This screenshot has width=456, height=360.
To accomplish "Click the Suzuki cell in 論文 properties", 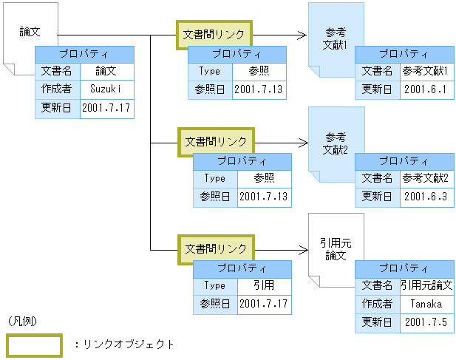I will (x=106, y=89).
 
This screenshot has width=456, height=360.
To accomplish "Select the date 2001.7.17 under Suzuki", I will (x=106, y=108).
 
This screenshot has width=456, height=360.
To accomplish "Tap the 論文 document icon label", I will (x=30, y=33).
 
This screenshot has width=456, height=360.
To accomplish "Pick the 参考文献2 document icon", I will (x=336, y=143).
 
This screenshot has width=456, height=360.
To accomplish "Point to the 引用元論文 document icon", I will (x=336, y=249).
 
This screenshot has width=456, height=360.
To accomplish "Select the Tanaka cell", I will (x=426, y=304).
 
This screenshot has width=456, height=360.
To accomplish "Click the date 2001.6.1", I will (x=426, y=89).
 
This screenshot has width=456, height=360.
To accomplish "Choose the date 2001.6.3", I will (x=426, y=197).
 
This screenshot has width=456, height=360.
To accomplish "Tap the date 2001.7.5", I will (x=426, y=322).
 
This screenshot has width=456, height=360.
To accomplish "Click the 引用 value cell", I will (x=264, y=285).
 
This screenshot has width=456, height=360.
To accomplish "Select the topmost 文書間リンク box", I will (x=214, y=35).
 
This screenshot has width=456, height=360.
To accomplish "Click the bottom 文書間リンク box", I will (x=215, y=248).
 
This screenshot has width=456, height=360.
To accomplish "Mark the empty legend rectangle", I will (x=34, y=344).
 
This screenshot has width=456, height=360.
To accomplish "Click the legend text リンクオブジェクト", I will (x=127, y=344).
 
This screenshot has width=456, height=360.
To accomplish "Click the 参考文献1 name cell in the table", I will (x=426, y=71).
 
